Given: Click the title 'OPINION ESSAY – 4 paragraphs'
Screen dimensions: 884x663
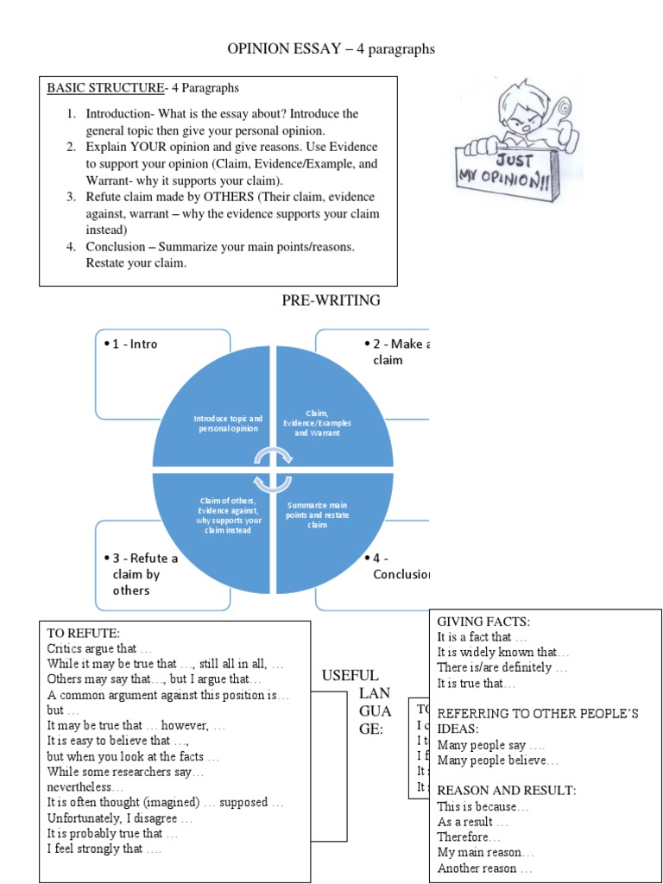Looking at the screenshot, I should (331, 49).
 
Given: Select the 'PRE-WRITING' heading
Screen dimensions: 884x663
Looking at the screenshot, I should (331, 300).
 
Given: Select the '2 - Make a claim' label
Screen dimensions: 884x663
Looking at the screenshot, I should (395, 351).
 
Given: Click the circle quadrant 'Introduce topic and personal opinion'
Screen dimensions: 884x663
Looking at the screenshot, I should (228, 423).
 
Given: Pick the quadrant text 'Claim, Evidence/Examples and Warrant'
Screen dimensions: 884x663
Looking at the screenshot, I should (317, 423).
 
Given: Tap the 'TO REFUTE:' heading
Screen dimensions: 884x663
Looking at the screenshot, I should (77, 633).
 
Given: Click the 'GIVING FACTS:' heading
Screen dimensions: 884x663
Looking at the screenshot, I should (483, 622).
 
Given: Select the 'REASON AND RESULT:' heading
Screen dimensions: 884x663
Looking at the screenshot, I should (507, 790).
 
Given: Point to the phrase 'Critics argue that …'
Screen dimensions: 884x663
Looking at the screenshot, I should (99, 648).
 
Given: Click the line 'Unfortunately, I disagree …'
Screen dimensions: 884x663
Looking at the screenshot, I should (119, 818).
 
